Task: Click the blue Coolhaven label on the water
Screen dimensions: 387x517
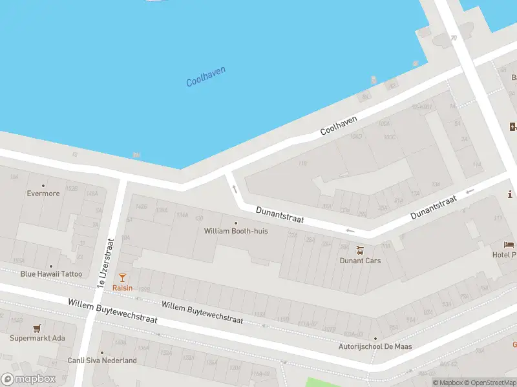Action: (206, 77)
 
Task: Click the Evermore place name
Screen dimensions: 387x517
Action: (43, 193)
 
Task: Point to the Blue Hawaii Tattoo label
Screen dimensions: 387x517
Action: (51, 273)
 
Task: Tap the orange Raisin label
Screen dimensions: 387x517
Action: (122, 288)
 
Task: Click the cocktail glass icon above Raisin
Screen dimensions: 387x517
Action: (122, 277)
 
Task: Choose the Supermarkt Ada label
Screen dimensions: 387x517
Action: (37, 338)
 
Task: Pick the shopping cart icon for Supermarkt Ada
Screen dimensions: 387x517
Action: (37, 328)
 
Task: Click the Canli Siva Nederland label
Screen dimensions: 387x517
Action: (102, 361)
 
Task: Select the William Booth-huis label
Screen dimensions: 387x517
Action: (235, 231)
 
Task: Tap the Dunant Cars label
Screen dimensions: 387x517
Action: (360, 261)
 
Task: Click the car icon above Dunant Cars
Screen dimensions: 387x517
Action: (360, 250)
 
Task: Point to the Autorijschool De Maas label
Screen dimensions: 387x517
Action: (375, 346)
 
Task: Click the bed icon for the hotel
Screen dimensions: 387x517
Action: (509, 245)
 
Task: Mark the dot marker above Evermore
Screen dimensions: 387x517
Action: (43, 185)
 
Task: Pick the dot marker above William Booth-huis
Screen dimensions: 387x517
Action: (235, 223)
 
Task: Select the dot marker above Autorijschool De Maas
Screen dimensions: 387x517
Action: (375, 338)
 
